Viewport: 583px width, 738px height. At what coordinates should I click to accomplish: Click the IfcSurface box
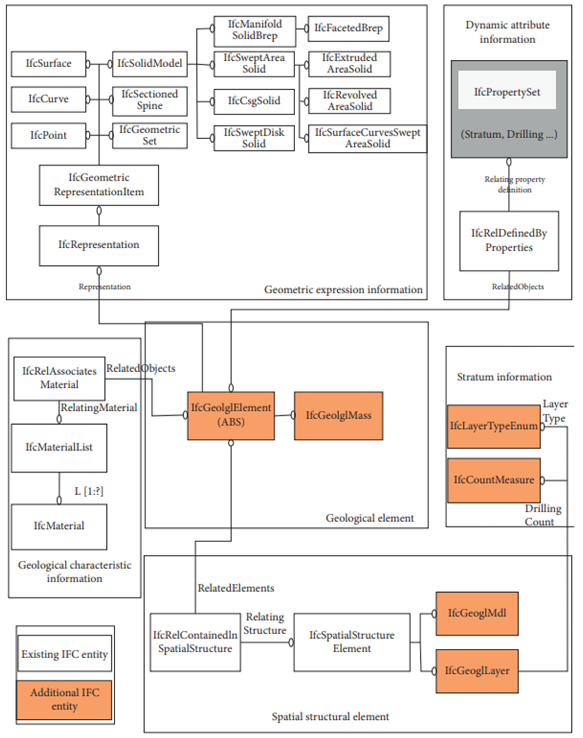[48, 64]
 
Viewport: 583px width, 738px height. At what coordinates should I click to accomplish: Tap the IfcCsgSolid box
[254, 101]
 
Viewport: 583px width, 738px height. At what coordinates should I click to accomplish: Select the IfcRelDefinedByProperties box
[509, 241]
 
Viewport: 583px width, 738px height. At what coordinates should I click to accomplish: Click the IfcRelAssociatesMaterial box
[59, 378]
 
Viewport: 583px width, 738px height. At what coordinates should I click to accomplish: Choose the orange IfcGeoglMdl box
[477, 613]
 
